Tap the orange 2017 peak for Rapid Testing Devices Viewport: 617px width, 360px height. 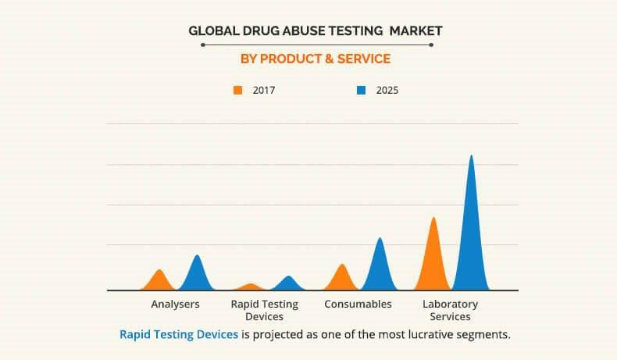tap(250, 287)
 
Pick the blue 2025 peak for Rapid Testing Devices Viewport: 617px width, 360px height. tap(288, 283)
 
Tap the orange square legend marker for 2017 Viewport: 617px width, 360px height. tap(238, 91)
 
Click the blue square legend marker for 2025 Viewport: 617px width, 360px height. tap(361, 91)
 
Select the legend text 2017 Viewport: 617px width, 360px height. tap(264, 91)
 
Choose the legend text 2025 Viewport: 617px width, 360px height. tap(387, 91)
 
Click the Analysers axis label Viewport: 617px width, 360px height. tap(175, 304)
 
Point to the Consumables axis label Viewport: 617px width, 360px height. tap(358, 304)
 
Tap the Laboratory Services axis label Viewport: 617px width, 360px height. tap(450, 310)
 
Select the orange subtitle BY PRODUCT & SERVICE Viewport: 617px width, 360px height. tap(316, 59)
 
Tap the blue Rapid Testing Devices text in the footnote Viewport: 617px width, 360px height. tap(179, 334)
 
